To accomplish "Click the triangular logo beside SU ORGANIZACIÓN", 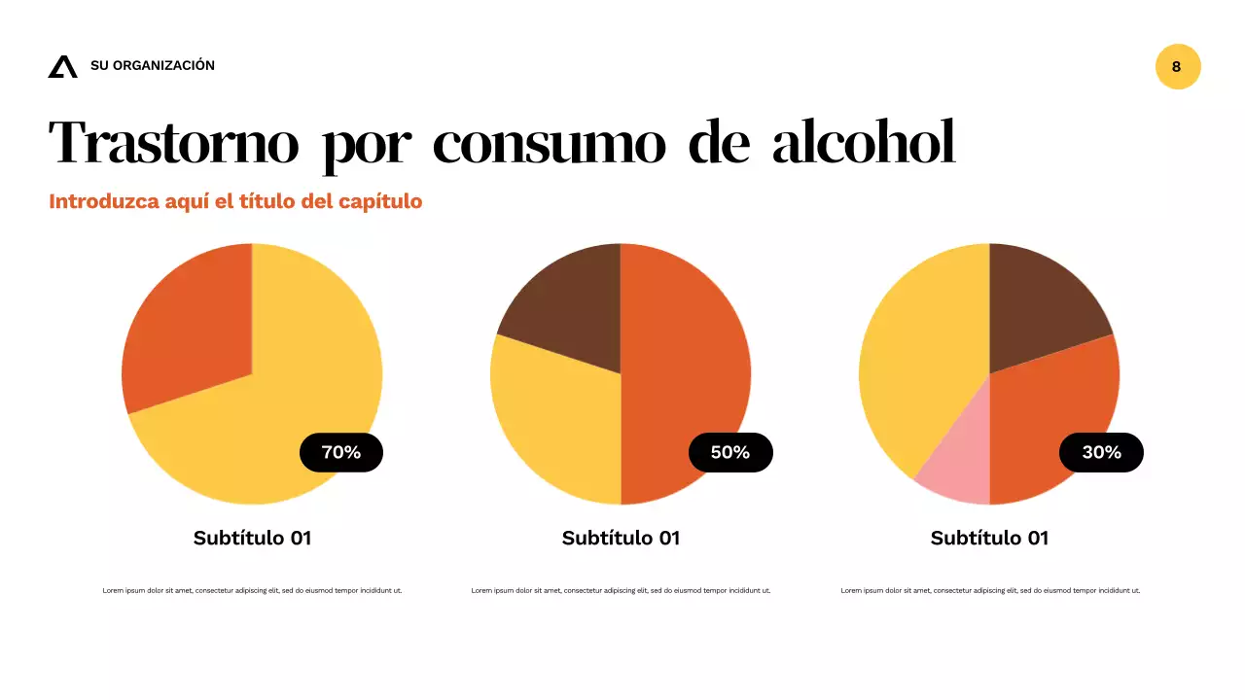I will click(x=62, y=66).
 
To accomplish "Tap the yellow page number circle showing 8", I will click(x=1177, y=67).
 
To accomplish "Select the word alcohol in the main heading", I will click(x=863, y=144).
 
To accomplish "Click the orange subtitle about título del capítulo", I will click(x=235, y=202).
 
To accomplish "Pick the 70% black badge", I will click(x=341, y=452).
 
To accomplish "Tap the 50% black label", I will click(x=730, y=452).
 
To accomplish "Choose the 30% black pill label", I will click(x=1101, y=452).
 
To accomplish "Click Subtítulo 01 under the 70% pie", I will click(x=252, y=538).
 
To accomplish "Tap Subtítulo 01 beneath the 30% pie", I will click(x=989, y=538).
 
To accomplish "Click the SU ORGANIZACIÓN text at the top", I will click(x=153, y=66).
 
